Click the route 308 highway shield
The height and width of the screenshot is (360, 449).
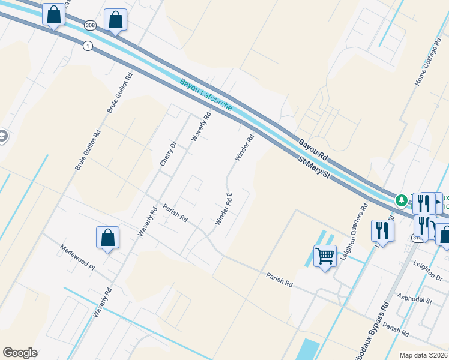90,25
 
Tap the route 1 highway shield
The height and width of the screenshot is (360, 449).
88,46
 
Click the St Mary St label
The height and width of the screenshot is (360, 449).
315,167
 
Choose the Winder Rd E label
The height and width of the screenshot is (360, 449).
224,208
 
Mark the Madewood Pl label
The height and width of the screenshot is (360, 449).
77,257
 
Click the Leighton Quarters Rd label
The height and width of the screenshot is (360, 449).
354,232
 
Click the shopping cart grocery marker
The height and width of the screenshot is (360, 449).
325,256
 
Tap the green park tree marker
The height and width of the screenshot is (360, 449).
400,199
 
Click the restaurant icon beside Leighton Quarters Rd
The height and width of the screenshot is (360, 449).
382,229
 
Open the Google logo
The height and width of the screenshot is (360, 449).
20,353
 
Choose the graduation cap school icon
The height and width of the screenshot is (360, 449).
2,137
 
